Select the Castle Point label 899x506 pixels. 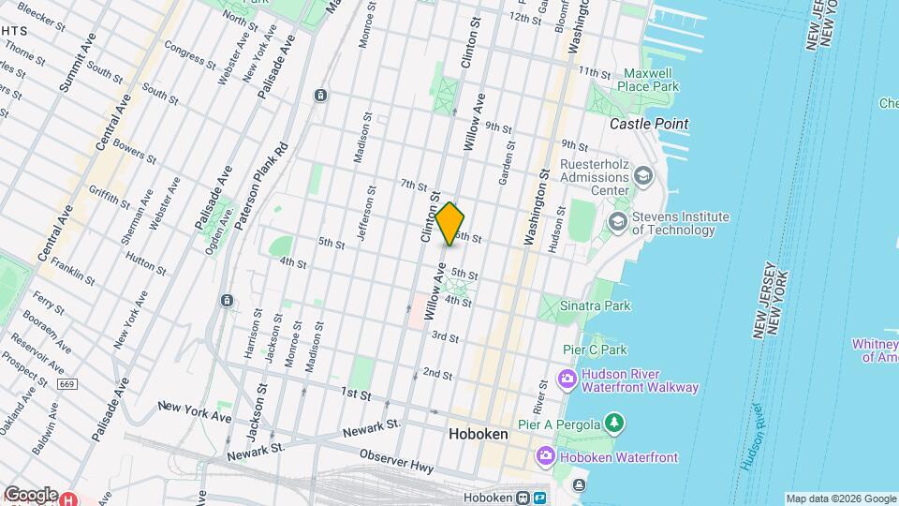click(x=649, y=124)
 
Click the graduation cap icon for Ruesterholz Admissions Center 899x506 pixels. click(x=643, y=175)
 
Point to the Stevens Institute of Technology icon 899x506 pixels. click(x=617, y=222)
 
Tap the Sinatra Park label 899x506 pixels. click(x=595, y=305)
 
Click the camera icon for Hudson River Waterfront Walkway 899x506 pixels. click(x=567, y=379)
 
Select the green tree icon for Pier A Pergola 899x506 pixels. click(x=613, y=424)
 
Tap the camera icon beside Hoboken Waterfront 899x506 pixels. click(x=545, y=455)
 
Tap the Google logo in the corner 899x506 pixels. click(x=30, y=494)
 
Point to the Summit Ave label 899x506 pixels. click(x=77, y=62)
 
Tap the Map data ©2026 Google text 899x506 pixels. click(x=839, y=499)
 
